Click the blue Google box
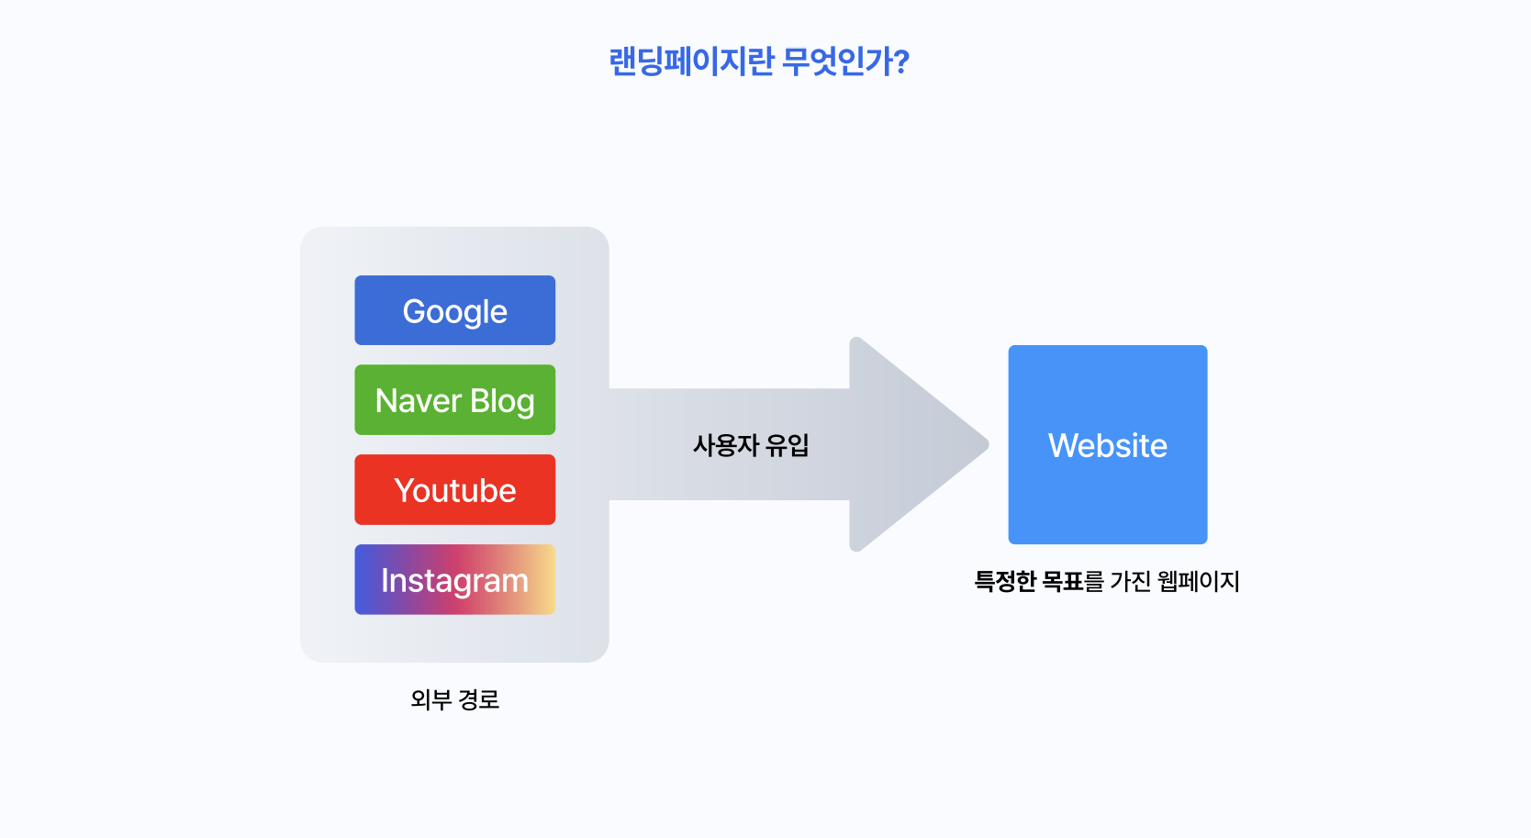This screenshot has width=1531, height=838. click(x=454, y=310)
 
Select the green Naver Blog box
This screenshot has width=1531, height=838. click(x=454, y=400)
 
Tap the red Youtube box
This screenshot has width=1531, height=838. click(x=454, y=490)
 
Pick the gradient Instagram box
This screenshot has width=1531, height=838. click(x=454, y=580)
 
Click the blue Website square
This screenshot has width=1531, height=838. click(x=1107, y=444)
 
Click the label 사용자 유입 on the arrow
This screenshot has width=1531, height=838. click(x=751, y=445)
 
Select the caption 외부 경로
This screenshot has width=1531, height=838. click(x=454, y=699)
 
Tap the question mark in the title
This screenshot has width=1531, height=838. click(x=901, y=61)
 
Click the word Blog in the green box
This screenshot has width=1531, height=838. click(x=502, y=401)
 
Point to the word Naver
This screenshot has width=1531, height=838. click(x=418, y=401)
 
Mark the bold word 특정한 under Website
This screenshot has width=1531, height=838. click(x=1004, y=581)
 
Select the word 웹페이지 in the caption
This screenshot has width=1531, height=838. click(x=1199, y=581)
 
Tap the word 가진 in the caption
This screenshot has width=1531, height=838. click(x=1130, y=581)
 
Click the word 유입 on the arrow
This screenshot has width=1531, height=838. click(x=788, y=445)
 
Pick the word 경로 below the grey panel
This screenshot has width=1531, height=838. click(x=478, y=699)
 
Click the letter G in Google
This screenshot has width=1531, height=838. click(x=414, y=311)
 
